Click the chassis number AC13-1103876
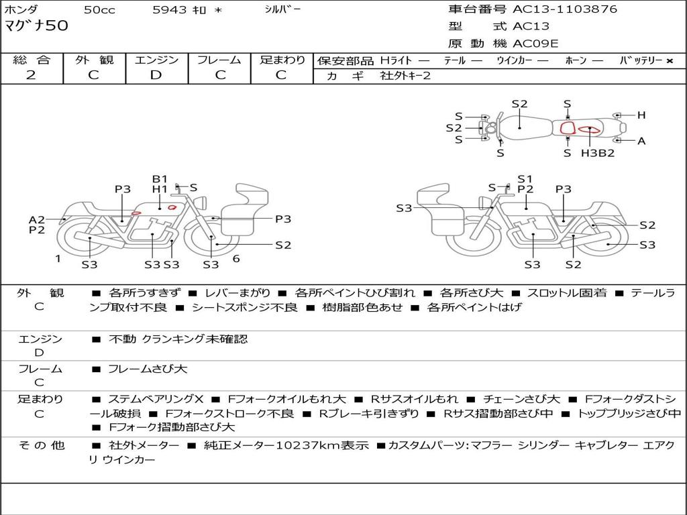click(565, 9)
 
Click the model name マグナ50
click(36, 25)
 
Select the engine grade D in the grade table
click(156, 75)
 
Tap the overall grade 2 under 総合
click(31, 75)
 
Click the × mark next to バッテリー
click(670, 61)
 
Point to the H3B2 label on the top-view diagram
click(598, 153)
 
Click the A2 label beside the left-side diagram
click(37, 220)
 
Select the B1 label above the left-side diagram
click(160, 178)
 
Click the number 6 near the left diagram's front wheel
click(236, 259)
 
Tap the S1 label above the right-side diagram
click(525, 178)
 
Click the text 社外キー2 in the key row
click(405, 76)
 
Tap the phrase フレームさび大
click(148, 369)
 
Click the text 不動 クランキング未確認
click(178, 339)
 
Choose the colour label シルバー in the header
click(282, 9)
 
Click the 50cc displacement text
click(99, 9)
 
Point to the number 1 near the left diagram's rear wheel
click(58, 259)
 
